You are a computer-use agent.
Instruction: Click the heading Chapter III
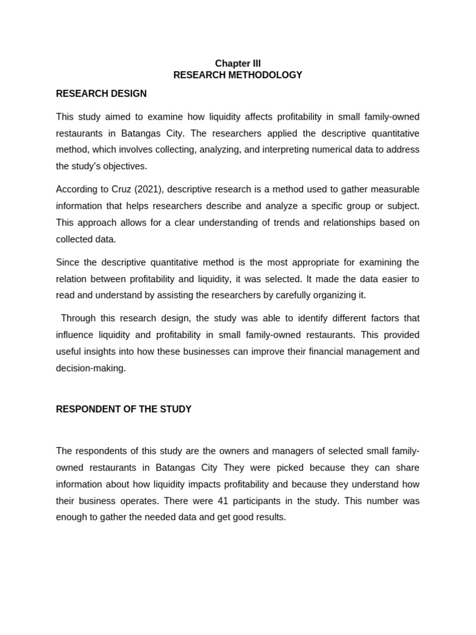[x=237, y=63]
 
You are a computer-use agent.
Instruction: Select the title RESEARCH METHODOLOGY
[x=237, y=75]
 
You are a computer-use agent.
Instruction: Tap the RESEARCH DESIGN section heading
[x=101, y=94]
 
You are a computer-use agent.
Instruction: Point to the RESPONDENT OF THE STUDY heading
[x=123, y=409]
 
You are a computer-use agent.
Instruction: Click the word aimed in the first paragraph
[x=115, y=117]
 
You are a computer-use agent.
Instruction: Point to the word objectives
[x=126, y=166]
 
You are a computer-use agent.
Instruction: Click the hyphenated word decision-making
[x=90, y=368]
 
